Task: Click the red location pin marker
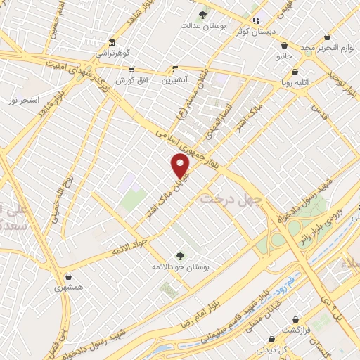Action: coord(181,166)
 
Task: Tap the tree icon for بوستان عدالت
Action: coord(203,15)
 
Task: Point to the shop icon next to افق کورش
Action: coord(131,70)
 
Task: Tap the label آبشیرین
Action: coord(176,80)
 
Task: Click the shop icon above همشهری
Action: coord(67,277)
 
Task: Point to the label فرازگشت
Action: coord(296,330)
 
